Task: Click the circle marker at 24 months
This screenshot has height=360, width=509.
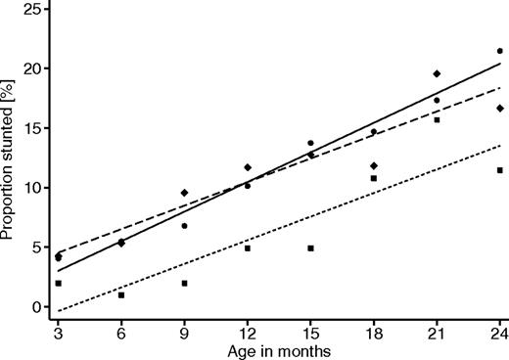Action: (x=499, y=51)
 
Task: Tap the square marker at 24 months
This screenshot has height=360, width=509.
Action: (x=499, y=170)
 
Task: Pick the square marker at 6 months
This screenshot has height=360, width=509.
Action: (x=121, y=294)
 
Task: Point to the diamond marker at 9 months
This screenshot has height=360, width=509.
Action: (x=184, y=193)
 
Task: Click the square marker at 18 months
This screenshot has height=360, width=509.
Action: (x=373, y=178)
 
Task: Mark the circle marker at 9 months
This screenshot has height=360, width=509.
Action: (x=184, y=226)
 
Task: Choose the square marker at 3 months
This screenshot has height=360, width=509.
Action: (x=59, y=284)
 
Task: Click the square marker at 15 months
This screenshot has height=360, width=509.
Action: (x=310, y=248)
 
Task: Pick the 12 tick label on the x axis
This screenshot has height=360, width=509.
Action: (x=248, y=333)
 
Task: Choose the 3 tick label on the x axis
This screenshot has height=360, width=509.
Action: (x=59, y=333)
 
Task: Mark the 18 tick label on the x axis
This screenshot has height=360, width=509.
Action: (x=373, y=333)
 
